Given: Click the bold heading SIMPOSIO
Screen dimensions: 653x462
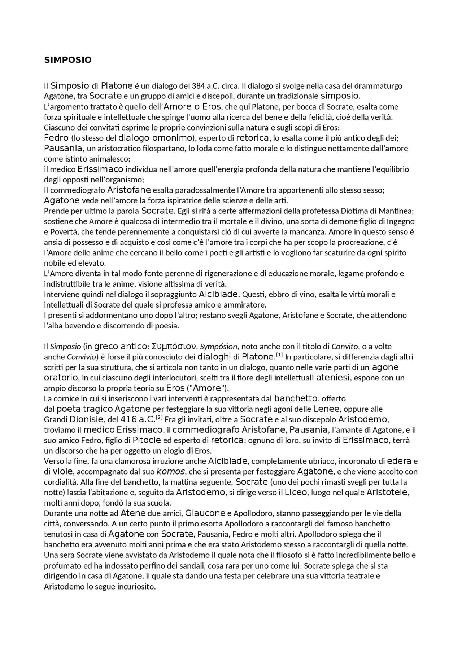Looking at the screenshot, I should tap(68, 60).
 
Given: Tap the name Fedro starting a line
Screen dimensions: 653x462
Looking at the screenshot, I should tap(56, 138).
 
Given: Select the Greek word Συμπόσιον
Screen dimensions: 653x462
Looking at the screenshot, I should tap(174, 347).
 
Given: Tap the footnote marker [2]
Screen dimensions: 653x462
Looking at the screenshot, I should tap(159, 418).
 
